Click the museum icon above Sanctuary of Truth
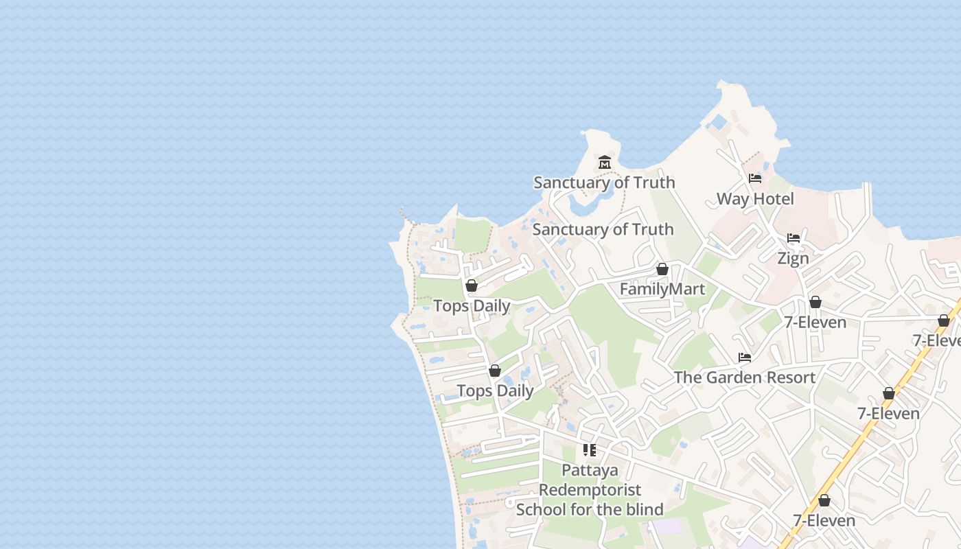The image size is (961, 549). [605, 163]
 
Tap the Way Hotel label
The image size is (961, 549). [755, 199]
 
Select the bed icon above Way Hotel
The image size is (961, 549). [755, 178]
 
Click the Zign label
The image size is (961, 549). [793, 259]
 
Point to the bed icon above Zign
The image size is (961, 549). [794, 238]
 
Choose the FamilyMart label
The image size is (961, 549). [662, 290]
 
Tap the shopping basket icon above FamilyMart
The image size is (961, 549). [662, 269]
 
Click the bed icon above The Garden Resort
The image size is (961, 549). [745, 358]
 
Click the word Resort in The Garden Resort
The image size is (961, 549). [790, 377]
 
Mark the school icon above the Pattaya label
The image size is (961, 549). [590, 450]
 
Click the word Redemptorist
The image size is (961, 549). [590, 490]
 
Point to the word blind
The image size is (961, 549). [641, 510]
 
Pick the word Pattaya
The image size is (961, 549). [590, 471]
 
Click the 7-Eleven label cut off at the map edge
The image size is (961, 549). [936, 340]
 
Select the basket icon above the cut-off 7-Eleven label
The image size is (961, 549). [944, 320]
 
